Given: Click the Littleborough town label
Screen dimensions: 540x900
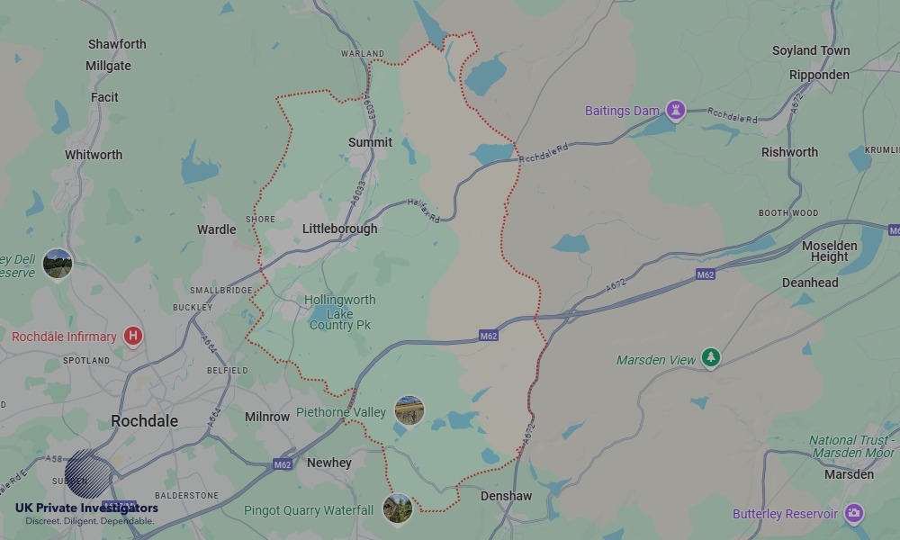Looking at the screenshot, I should tap(339, 229).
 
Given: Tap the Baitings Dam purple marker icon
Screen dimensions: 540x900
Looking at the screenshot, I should tap(675, 111).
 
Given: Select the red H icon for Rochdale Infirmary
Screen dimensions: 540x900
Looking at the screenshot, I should tap(133, 337).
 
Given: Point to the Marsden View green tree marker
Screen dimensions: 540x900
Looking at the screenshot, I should tap(711, 358).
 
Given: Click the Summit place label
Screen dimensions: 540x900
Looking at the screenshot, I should tap(370, 142).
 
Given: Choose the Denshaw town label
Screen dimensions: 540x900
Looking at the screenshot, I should tap(506, 496).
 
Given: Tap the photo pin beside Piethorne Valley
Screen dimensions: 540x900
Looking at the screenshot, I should tap(409, 411).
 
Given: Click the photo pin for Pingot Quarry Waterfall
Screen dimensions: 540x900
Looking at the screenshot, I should tap(397, 508).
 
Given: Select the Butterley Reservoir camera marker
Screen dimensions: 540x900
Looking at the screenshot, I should tap(853, 514).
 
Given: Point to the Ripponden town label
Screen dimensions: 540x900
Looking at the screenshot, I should tap(819, 75).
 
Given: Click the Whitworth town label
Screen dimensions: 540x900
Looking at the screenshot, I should tap(94, 155).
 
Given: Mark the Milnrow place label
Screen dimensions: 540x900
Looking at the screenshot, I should tap(267, 417).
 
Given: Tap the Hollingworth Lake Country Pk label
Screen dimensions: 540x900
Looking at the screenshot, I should tap(340, 312).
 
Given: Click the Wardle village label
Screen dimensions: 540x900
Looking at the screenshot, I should tap(216, 229).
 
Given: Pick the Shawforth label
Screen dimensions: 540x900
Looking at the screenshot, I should tap(117, 44).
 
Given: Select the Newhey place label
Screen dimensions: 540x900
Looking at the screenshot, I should tap(329, 463).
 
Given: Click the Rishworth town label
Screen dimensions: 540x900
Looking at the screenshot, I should tap(789, 152).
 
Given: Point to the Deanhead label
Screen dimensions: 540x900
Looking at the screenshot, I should tap(810, 283).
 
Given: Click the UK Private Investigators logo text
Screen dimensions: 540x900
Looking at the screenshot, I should tap(86, 508).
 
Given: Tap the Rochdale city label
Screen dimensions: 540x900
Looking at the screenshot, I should tap(144, 421).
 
